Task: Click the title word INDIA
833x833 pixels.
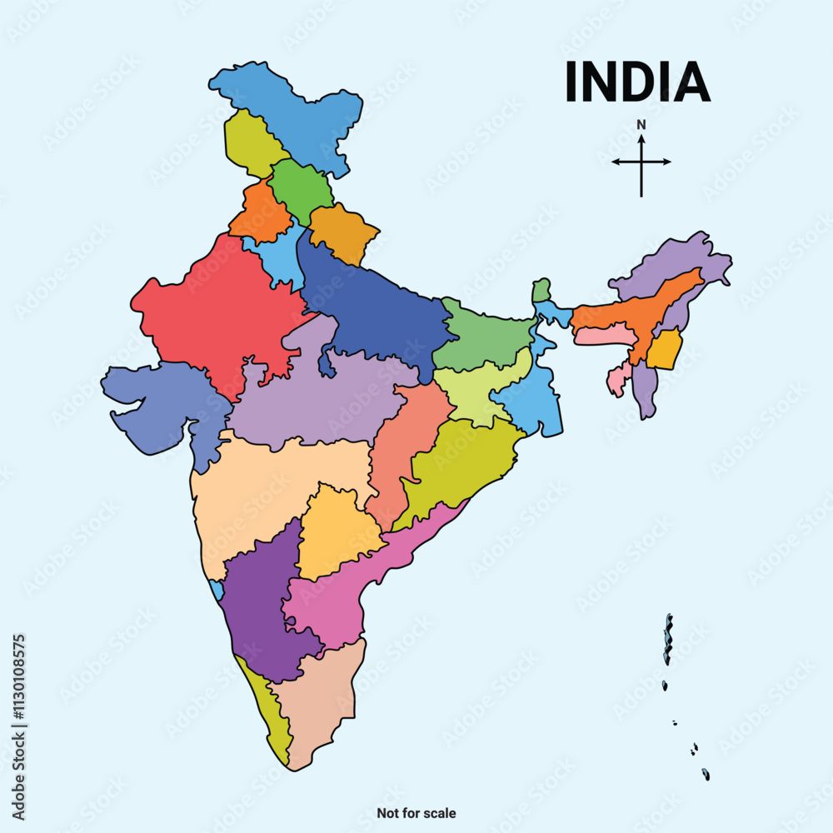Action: pyautogui.click(x=637, y=81)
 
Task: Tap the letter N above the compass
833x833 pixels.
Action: pyautogui.click(x=641, y=125)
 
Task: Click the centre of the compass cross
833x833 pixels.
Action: pyautogui.click(x=641, y=162)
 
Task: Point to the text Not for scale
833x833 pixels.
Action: pyautogui.click(x=416, y=813)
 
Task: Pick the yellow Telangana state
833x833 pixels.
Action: pyautogui.click(x=337, y=533)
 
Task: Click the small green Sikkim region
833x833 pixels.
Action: pyautogui.click(x=542, y=291)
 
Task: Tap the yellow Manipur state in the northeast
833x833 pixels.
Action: pyautogui.click(x=664, y=351)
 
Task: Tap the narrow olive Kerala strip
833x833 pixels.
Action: pyautogui.click(x=271, y=708)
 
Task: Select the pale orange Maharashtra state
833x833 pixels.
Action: pyautogui.click(x=267, y=491)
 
